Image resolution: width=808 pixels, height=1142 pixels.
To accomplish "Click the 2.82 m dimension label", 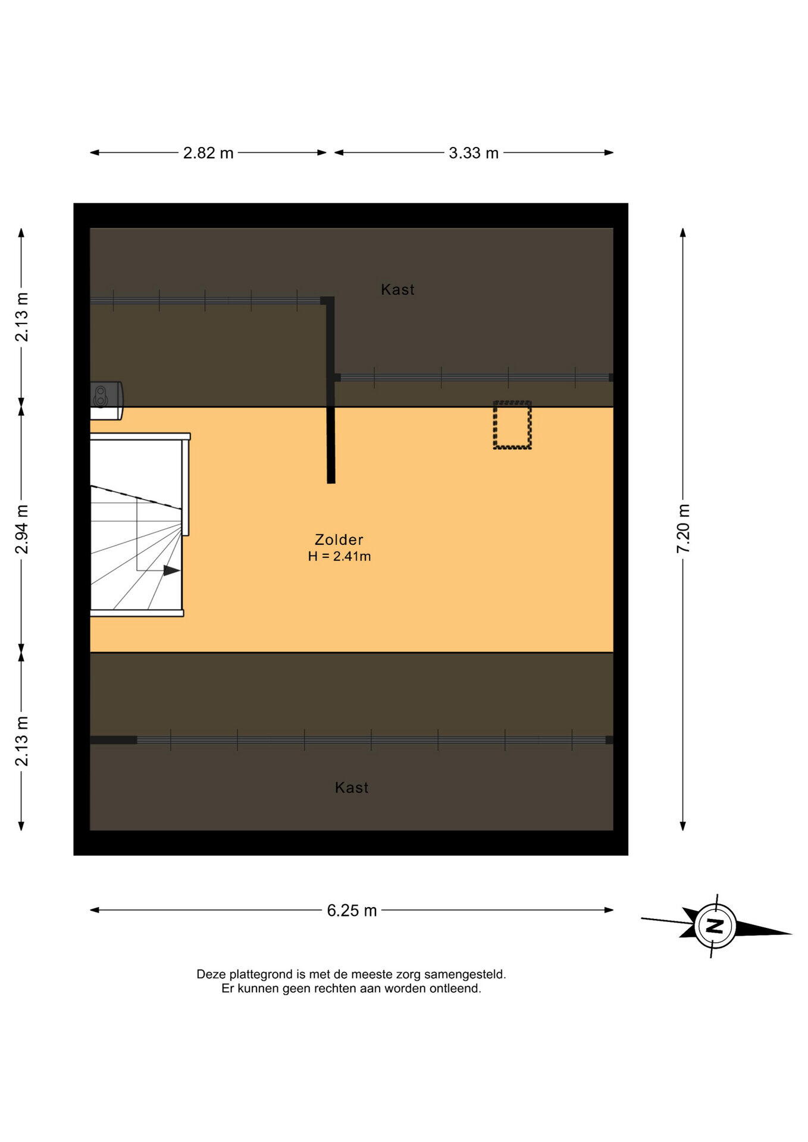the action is (x=208, y=153).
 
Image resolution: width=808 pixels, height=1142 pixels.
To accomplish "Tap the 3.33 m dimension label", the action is (x=474, y=153).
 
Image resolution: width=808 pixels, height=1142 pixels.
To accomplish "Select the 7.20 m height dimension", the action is (x=683, y=529).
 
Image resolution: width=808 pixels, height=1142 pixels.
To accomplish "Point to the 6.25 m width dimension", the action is (x=352, y=911).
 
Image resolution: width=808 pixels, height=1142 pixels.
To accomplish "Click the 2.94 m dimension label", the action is (x=22, y=529).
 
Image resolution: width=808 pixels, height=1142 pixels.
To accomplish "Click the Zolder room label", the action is (x=339, y=539).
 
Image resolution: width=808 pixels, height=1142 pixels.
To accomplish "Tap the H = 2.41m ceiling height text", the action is (x=339, y=557).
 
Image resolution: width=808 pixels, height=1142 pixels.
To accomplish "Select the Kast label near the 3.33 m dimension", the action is (x=397, y=290).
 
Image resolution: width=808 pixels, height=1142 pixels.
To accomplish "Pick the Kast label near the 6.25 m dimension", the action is (x=352, y=788).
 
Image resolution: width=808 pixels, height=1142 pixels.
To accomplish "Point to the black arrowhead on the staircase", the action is (x=172, y=570).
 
